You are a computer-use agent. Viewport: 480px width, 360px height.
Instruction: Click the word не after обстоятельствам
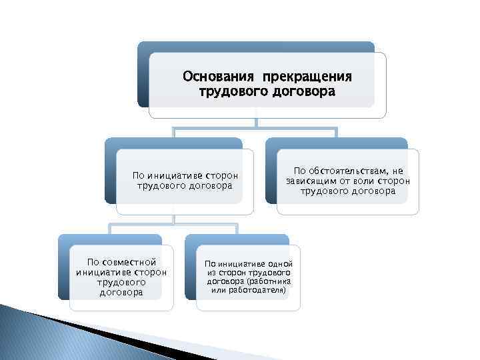coord(398,171)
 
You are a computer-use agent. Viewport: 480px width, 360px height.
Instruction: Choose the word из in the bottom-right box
coord(212,273)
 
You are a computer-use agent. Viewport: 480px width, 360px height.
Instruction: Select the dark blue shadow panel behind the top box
coord(142,73)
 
